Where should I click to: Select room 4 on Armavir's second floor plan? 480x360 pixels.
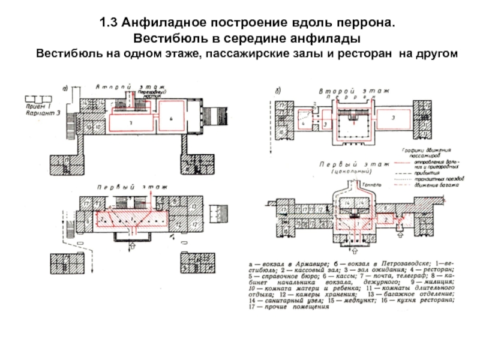coord(170,119)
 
